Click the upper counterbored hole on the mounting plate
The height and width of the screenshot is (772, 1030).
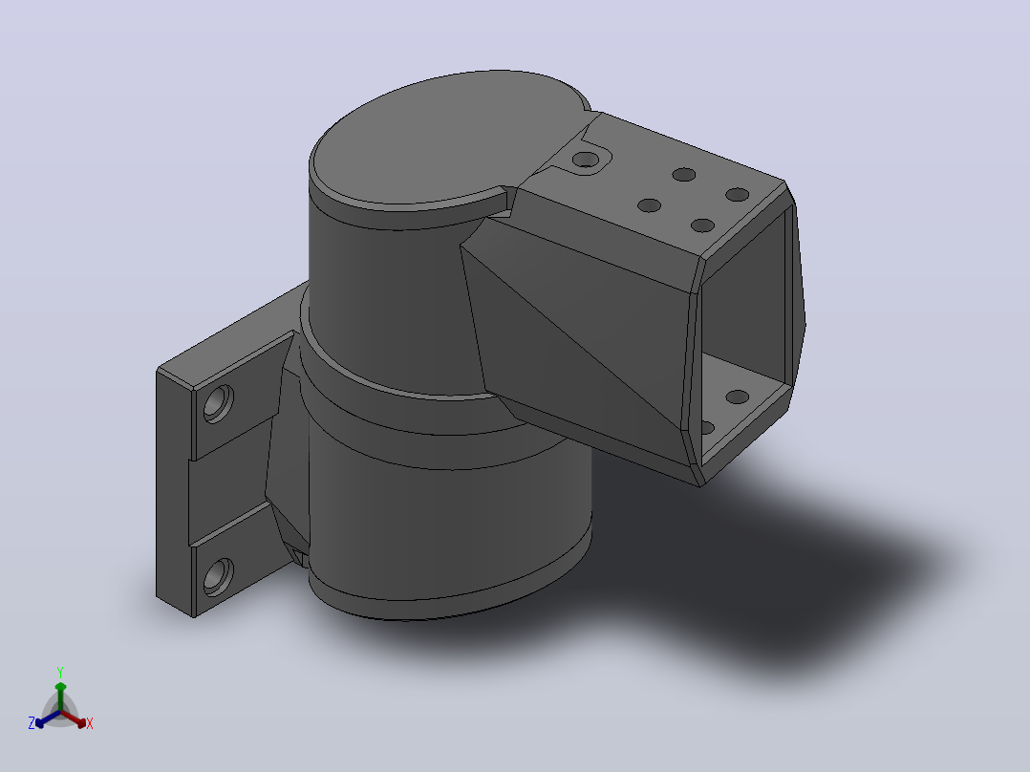tap(218, 403)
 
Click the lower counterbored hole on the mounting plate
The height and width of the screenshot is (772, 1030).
tap(218, 577)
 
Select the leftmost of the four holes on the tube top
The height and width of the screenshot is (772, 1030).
tap(649, 205)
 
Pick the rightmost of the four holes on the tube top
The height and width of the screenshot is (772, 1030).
tap(738, 195)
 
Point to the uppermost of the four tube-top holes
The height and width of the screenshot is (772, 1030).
tap(684, 175)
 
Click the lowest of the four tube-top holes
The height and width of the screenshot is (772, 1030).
tap(703, 226)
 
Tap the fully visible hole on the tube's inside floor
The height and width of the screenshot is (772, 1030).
tap(737, 397)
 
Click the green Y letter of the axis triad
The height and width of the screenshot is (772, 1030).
tap(60, 672)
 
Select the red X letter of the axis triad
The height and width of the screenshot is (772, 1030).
tap(90, 723)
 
